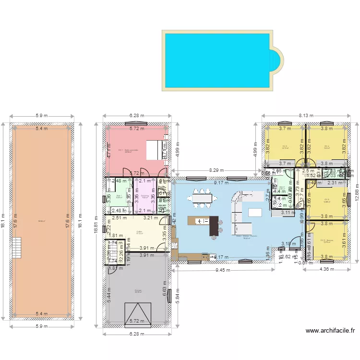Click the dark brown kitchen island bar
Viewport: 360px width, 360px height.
(214, 226)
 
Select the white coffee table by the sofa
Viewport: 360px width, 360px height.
(254, 212)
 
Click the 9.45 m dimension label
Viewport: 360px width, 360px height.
(222, 270)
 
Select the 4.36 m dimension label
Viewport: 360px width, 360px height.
(324, 270)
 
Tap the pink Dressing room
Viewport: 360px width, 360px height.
(144, 197)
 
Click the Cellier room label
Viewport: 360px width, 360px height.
(139, 232)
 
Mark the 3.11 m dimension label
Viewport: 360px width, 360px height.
(288, 213)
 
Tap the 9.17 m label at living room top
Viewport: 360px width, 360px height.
(221, 182)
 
